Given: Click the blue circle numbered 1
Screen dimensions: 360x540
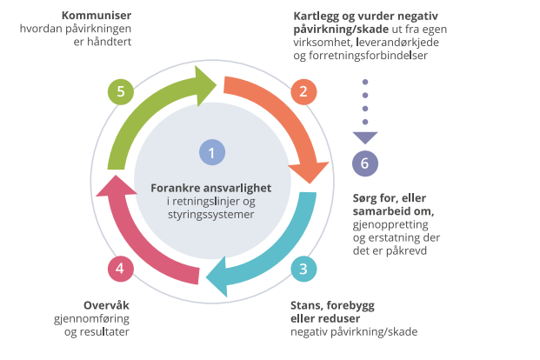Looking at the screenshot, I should coord(211,153).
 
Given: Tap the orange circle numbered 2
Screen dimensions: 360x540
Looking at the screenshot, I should coord(303,91).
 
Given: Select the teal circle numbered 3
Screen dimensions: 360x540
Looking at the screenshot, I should coord(303,268).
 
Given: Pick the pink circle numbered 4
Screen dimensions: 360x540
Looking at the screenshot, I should coord(120,268).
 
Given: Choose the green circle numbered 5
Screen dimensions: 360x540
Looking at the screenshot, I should coord(120,91).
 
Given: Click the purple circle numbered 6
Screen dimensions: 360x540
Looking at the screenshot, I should coord(364,163).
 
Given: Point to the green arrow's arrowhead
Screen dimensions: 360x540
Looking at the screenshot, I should coord(208,84).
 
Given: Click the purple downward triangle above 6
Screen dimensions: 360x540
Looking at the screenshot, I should coord(364,137).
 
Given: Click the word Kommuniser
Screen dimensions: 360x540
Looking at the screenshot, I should coord(96,16).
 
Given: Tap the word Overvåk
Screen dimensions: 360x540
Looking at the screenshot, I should coord(107,305).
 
